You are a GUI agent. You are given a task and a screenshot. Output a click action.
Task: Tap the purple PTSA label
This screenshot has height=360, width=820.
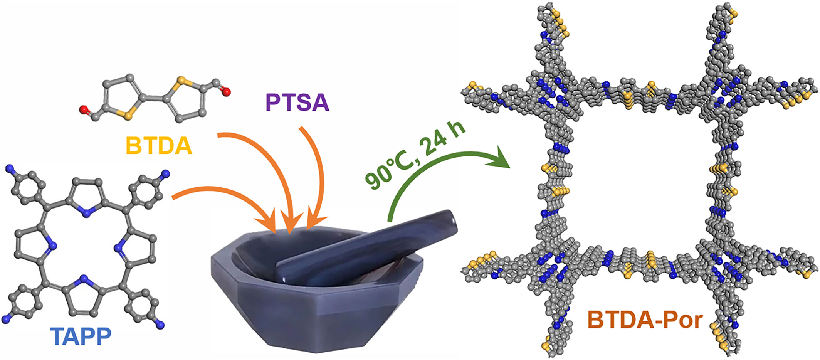point(297,103)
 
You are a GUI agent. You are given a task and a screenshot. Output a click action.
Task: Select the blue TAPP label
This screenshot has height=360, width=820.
point(81,336)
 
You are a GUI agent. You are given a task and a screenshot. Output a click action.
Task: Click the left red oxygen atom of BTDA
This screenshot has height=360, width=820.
point(83,110)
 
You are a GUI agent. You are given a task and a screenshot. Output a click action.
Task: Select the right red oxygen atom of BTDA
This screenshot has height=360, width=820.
point(227,92)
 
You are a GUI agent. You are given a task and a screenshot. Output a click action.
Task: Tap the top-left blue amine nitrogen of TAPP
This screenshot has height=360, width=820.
point(10,168)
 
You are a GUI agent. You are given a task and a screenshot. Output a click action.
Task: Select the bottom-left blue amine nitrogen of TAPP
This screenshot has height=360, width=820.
point(5,319)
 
